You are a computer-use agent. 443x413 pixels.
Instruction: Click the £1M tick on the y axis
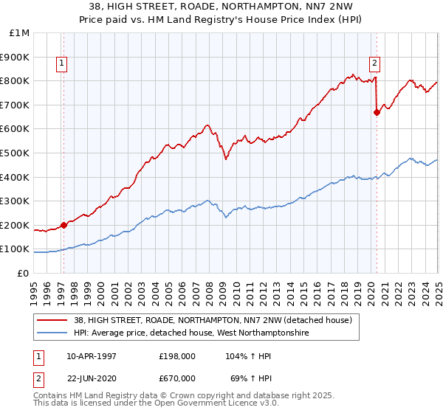19,33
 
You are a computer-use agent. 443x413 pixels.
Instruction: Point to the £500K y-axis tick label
16,153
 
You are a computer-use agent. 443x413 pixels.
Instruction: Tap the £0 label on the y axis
24,273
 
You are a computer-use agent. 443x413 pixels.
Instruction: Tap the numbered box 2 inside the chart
375,63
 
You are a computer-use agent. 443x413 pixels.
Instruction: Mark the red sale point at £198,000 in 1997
64,225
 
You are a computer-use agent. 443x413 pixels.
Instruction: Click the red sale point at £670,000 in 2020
377,112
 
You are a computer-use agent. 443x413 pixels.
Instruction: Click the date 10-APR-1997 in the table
91,355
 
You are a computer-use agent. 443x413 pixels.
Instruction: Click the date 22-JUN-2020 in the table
91,378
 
